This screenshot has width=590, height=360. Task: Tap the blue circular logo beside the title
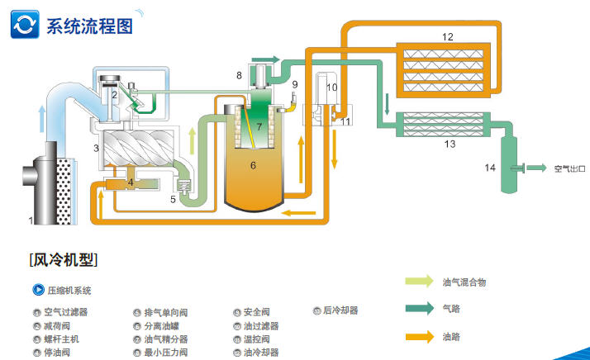25,24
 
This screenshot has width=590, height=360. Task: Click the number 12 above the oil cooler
447,37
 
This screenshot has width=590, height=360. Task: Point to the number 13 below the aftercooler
450,144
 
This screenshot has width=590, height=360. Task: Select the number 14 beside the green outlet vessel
490,168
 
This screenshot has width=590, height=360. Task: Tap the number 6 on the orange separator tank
254,165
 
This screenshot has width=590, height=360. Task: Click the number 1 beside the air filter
31,220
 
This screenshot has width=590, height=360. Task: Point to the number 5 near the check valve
173,198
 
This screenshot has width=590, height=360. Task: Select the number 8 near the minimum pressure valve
239,75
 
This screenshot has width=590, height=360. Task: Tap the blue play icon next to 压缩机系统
37,290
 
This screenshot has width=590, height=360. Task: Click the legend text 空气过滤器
65,312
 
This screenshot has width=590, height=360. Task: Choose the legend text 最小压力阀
166,352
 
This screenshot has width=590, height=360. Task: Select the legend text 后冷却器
340,311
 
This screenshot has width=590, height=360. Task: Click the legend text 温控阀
259,339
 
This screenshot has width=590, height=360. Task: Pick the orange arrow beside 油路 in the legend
420,336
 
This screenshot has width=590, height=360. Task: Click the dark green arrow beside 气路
420,309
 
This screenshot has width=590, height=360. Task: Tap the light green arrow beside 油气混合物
420,282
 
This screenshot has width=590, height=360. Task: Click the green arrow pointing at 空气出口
536,168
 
